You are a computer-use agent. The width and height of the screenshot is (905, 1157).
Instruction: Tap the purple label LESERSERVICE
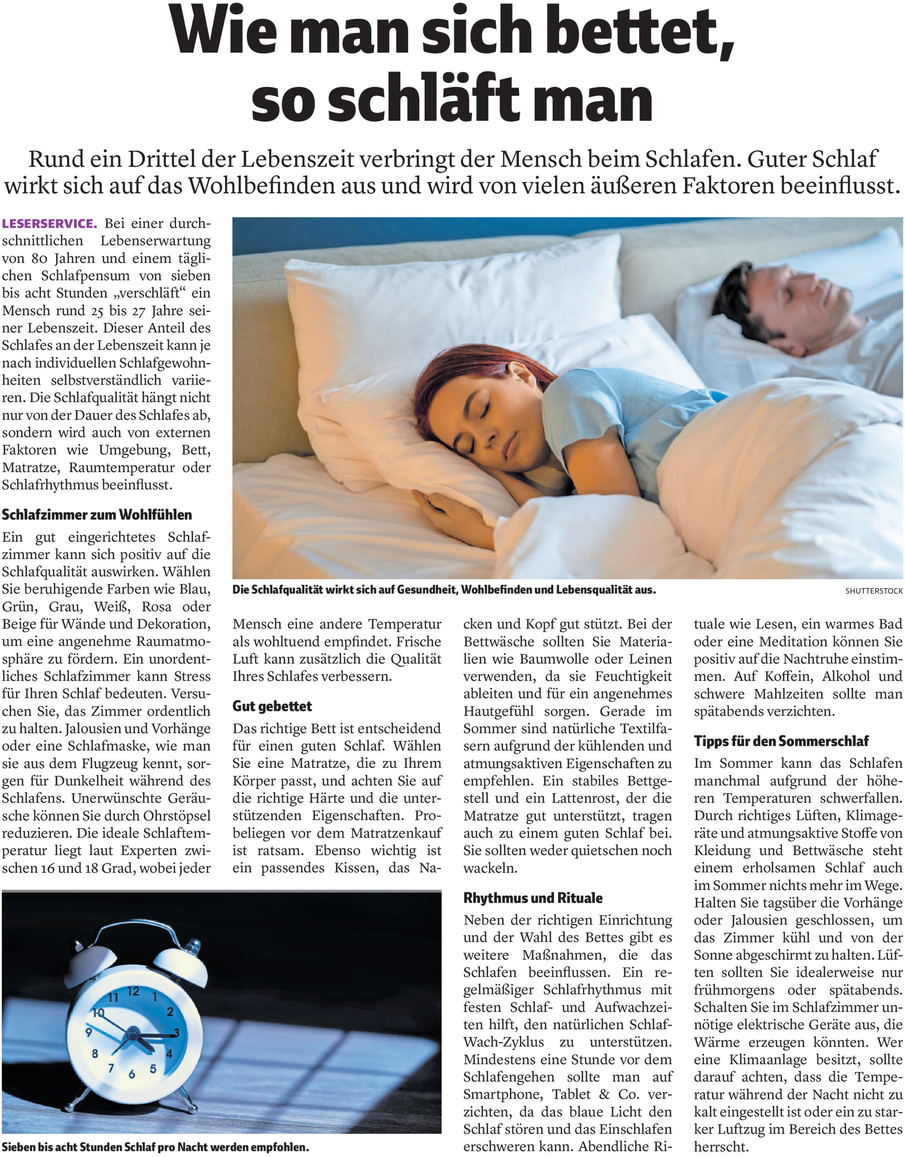pyautogui.click(x=50, y=223)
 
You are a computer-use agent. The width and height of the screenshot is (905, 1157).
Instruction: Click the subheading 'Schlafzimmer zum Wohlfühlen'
pyautogui.click(x=97, y=514)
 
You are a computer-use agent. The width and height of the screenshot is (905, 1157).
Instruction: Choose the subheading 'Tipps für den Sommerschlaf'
pyautogui.click(x=781, y=741)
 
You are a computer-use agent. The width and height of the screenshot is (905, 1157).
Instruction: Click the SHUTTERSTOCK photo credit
pyautogui.click(x=874, y=591)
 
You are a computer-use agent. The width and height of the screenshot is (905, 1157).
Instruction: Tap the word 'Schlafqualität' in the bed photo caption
pyautogui.click(x=285, y=590)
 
